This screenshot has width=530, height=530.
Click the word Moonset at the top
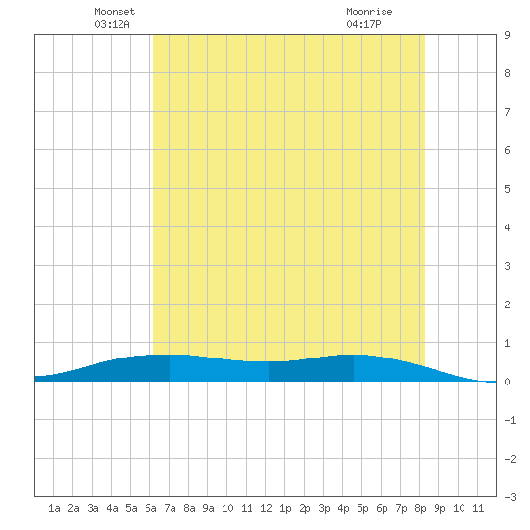115,12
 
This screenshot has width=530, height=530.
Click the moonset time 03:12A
112,24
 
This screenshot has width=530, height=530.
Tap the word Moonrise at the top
369,12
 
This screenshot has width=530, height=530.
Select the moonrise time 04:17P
363,24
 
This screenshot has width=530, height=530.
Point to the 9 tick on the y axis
507,35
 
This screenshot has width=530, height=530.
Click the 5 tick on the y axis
507,189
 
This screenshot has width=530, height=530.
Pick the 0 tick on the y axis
507,382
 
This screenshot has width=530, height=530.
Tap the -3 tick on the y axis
510,497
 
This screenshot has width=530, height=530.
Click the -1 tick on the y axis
510,420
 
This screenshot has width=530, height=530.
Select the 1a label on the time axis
54,508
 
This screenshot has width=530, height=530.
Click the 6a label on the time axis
150,508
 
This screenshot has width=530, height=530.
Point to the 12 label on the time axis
266,508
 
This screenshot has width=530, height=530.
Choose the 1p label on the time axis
285,508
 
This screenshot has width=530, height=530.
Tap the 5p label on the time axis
362,508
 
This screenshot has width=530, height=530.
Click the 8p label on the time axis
420,508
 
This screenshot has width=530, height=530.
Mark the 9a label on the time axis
208,508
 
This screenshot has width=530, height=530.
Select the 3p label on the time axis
324,508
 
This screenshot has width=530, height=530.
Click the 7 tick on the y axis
507,112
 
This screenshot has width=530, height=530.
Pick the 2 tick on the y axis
507,305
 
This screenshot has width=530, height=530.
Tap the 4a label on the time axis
112,508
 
